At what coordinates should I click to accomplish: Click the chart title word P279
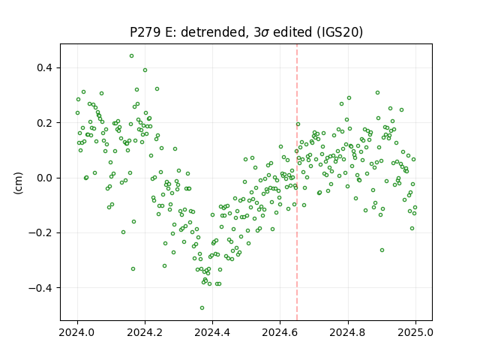coord(145,31)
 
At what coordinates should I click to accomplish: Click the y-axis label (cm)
coord(18,183)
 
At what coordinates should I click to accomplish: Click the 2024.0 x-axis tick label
coord(77,332)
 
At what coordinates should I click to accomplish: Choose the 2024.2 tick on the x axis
coord(145,332)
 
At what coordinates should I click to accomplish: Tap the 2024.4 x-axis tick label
coord(212,332)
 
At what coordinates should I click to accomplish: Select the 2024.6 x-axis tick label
coord(280,332)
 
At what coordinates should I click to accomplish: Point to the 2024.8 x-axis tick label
coord(348,332)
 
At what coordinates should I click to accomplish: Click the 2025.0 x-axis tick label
coord(415,332)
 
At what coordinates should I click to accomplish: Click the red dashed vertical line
coord(297,182)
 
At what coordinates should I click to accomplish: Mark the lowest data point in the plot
coord(202,308)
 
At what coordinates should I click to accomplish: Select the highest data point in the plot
coord(132,56)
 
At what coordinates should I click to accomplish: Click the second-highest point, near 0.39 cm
coord(145,70)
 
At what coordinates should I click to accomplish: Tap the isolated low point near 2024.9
coord(382,250)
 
